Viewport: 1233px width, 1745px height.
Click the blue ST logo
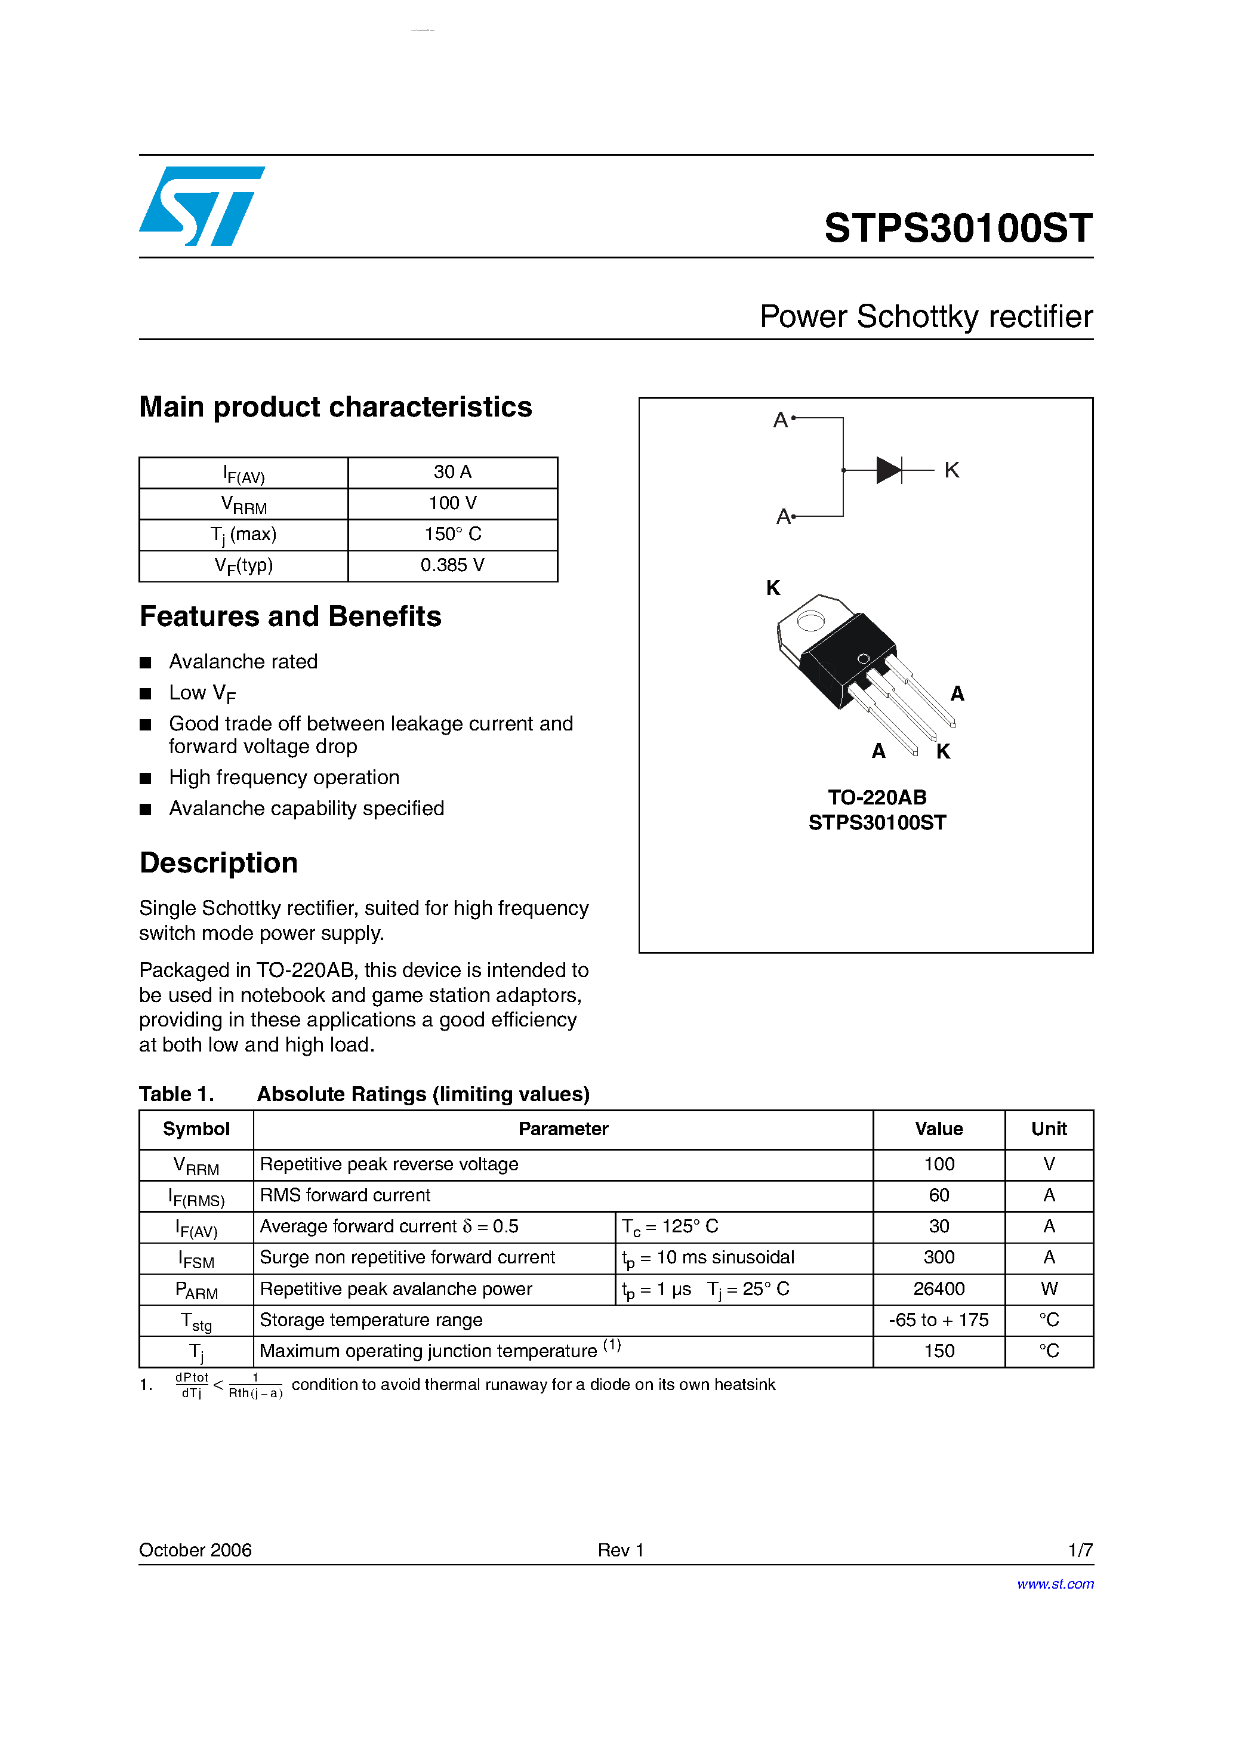click(202, 206)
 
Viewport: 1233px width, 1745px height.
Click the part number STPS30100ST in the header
click(958, 228)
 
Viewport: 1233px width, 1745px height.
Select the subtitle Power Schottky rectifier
click(925, 316)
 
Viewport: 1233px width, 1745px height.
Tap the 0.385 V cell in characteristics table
click(452, 565)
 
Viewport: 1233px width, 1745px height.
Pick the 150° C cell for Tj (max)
click(452, 534)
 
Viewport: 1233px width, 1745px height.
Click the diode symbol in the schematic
click(888, 470)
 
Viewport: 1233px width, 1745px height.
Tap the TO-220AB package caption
click(877, 797)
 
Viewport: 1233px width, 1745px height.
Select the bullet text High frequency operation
click(283, 778)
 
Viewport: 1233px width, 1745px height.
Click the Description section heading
click(218, 864)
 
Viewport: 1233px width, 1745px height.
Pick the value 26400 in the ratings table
click(938, 1289)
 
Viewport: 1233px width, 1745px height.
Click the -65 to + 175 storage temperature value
click(938, 1320)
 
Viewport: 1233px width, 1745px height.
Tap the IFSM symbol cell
click(196, 1259)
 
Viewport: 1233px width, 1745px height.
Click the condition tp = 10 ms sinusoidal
click(708, 1258)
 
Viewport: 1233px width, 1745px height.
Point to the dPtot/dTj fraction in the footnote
click(192, 1385)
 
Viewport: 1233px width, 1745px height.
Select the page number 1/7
click(1080, 1550)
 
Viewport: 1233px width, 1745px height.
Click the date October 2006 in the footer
click(195, 1550)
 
